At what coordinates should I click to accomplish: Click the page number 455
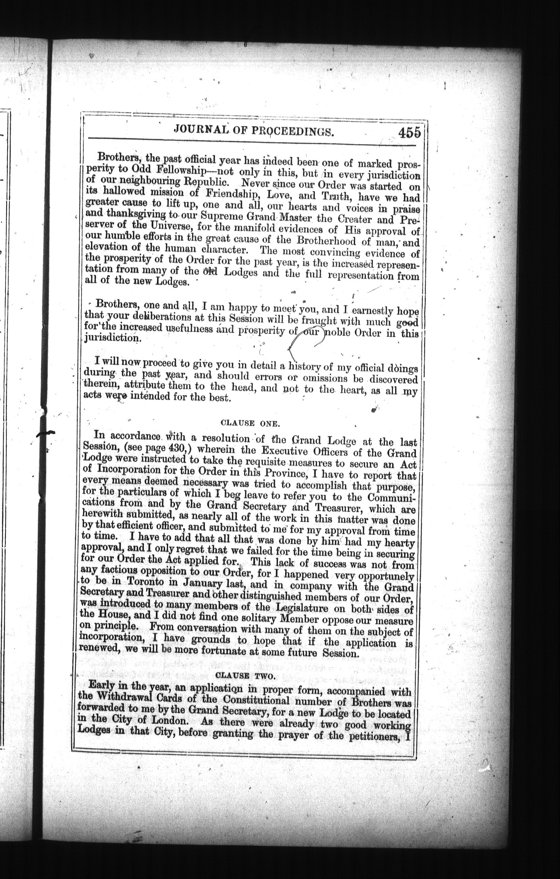[409, 132]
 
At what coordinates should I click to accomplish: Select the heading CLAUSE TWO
[245, 676]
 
